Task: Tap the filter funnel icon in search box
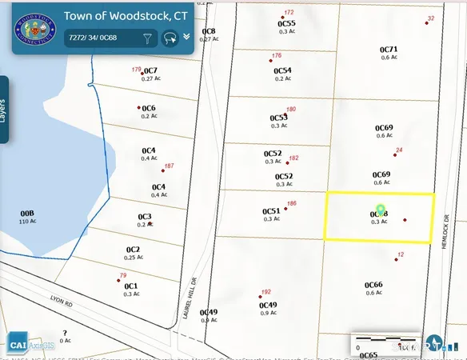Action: coord(147,38)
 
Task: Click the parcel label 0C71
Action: coord(389,50)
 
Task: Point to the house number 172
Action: coord(289,13)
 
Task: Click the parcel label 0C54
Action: coord(283,70)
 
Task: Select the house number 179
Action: coord(136,70)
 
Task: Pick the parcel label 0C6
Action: coord(149,108)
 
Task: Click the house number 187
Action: coord(169,166)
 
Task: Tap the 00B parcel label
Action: coord(27,214)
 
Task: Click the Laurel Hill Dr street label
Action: coord(194,295)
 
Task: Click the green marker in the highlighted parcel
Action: coord(381,210)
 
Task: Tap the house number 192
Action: coord(266,292)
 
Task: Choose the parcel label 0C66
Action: coord(373,284)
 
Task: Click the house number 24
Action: coord(399,150)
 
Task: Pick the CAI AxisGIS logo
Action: coord(32,345)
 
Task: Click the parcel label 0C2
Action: coord(133,250)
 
